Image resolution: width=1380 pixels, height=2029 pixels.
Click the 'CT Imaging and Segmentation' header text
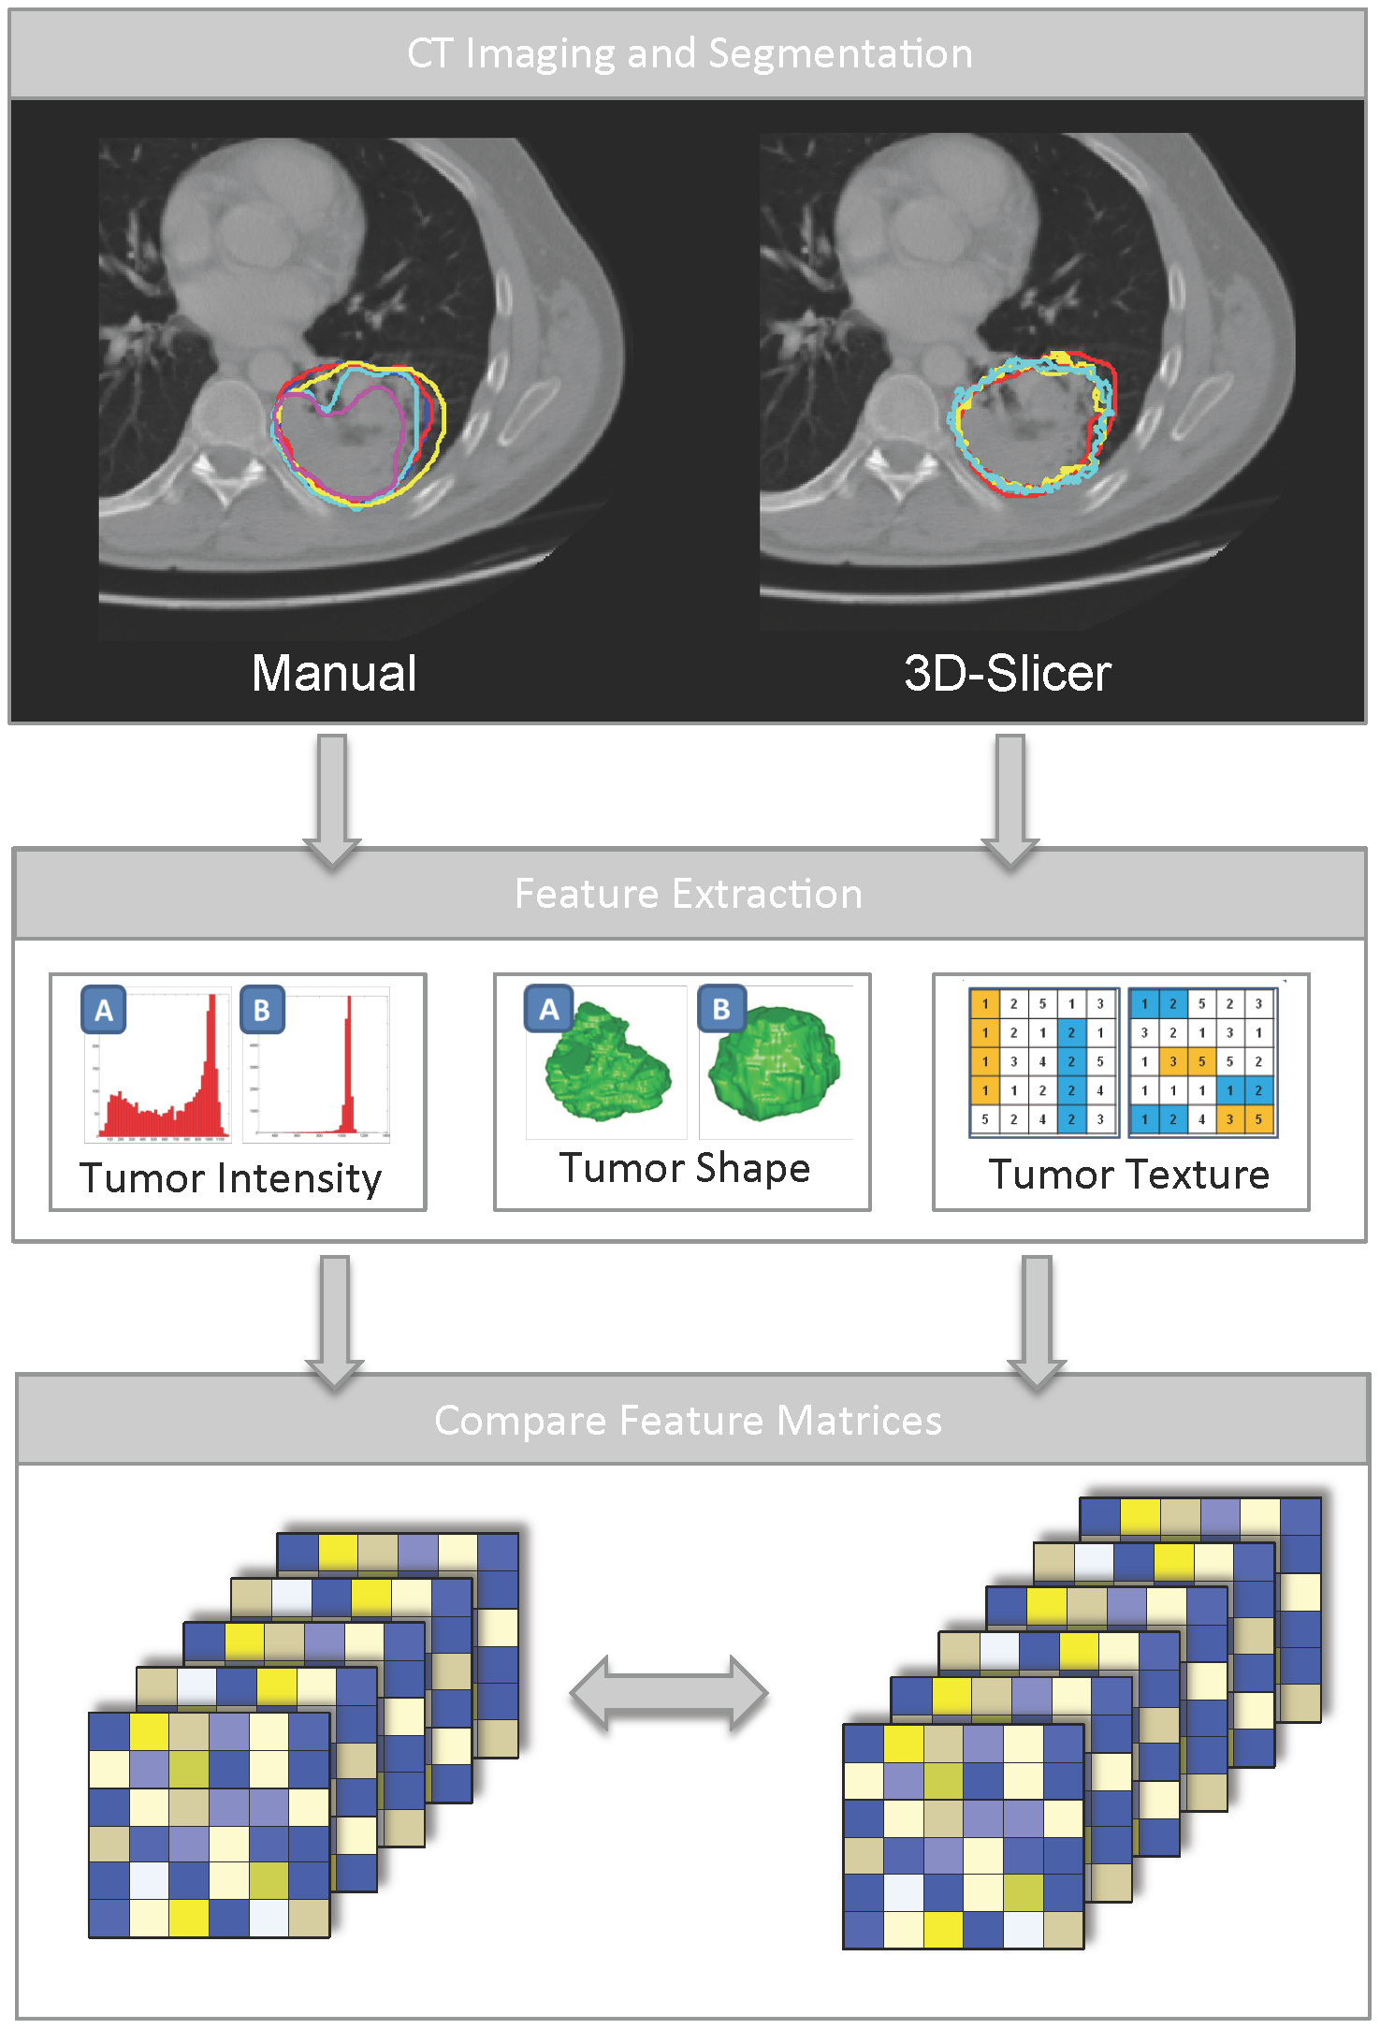coord(690,53)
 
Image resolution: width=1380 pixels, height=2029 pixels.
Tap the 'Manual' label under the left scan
coord(334,673)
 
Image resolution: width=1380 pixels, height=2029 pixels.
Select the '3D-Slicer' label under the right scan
coord(1007,673)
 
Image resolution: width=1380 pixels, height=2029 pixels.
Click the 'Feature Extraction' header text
coord(689,894)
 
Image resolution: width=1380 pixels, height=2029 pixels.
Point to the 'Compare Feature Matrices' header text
coord(689,1420)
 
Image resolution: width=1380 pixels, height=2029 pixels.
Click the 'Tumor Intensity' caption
coord(231,1177)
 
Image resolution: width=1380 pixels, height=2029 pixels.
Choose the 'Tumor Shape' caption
coord(684,1168)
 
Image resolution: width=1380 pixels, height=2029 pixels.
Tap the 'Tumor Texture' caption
coord(1129,1174)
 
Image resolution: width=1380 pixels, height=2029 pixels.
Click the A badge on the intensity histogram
coord(104,1010)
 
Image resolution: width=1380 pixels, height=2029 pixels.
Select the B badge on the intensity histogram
coord(262,1010)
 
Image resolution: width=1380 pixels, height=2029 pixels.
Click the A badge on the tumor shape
coord(548,1009)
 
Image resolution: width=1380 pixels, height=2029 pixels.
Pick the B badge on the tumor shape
coord(721,1009)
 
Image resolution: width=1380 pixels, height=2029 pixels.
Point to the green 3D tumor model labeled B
coord(775,1062)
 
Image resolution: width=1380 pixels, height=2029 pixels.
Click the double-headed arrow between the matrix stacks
coord(669,1692)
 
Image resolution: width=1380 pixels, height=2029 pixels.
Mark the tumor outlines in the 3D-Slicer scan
coord(1033,423)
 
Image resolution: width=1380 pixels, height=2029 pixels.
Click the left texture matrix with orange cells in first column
coord(1043,1061)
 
